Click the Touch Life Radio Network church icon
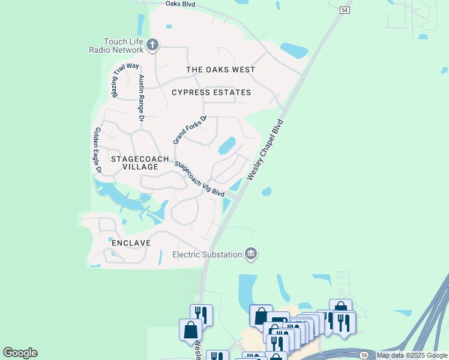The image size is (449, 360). click(152, 44)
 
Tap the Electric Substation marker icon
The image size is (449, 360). click(251, 254)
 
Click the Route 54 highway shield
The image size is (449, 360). click(344, 10)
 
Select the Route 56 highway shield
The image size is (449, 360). click(364, 355)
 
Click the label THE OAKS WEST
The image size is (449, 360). click(220, 70)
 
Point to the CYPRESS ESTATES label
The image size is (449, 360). click(211, 92)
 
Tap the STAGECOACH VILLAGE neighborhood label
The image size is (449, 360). click(135, 163)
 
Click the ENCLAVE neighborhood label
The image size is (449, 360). click(130, 243)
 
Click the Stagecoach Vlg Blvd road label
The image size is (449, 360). click(199, 179)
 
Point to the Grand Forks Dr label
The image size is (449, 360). click(190, 130)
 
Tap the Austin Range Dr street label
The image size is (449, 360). click(142, 99)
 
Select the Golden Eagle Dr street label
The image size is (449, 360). click(98, 151)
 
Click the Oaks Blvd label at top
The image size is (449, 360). click(181, 4)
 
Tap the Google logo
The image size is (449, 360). click(20, 353)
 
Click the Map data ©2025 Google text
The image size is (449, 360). click(412, 355)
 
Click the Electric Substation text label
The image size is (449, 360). click(207, 254)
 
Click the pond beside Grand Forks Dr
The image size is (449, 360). click(227, 146)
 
